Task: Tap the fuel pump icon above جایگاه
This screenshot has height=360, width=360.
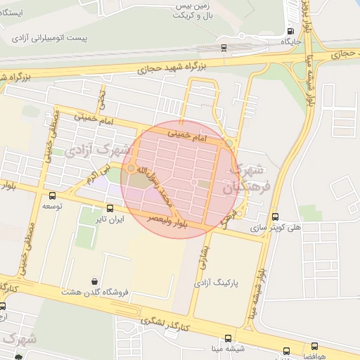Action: pos(290,30)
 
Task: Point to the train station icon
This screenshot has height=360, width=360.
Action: pos(224,48)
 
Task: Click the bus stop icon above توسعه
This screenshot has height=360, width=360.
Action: pos(53,196)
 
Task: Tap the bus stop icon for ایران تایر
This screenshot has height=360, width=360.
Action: pos(110,208)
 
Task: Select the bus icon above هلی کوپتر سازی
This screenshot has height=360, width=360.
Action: pos(274,217)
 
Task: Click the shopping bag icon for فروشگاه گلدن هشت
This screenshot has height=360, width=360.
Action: pos(94,281)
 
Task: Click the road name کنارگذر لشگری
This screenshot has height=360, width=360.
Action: pos(164,323)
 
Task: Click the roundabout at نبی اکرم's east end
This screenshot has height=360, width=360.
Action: pos(131,168)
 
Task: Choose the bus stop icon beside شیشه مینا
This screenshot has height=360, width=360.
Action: pos(286,349)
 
